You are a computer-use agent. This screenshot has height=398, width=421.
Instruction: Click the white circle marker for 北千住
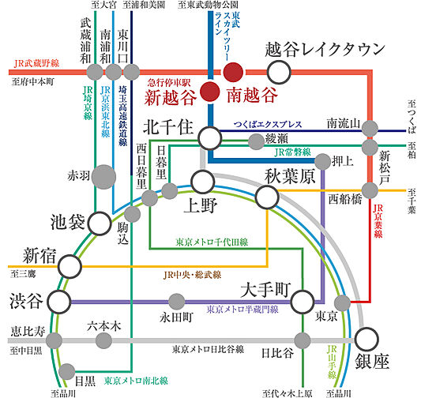(x=210, y=138)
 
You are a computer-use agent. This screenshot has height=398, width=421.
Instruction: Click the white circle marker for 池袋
(x=99, y=223)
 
